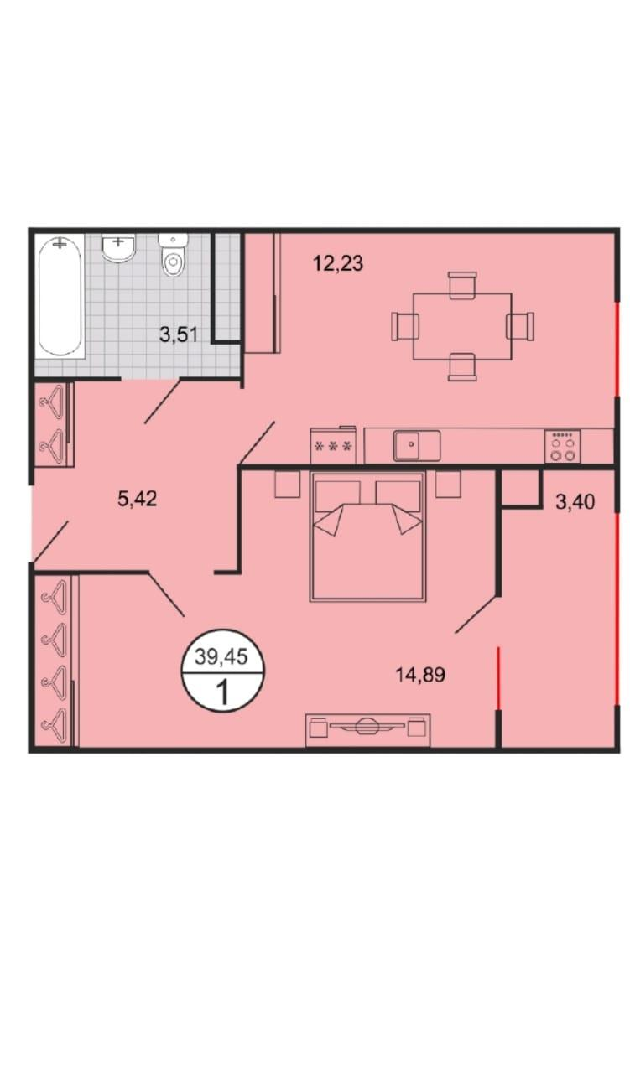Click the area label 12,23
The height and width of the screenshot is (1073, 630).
[x=338, y=263]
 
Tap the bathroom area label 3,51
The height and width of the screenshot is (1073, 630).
[x=179, y=334]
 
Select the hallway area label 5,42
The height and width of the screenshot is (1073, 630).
[x=137, y=499]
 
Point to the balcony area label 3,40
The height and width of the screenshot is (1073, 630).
[x=575, y=501]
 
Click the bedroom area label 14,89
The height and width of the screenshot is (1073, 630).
[x=420, y=675]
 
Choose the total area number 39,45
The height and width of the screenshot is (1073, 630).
[x=221, y=656]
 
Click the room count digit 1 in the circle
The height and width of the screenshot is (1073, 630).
[x=222, y=692]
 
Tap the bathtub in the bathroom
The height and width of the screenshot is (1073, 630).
[x=60, y=296]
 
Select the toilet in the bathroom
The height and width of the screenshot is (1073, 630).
[x=173, y=256]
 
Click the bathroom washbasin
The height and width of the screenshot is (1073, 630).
[x=118, y=247]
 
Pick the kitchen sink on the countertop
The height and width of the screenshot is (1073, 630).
[x=417, y=445]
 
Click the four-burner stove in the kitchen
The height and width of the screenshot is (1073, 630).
[x=562, y=446]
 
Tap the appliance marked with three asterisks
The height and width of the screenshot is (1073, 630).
[x=333, y=445]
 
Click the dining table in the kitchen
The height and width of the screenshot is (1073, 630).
[x=462, y=326]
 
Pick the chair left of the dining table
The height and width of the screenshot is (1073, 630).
[x=404, y=326]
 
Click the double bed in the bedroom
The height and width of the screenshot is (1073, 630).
[x=367, y=536]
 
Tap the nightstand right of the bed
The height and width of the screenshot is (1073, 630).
[x=448, y=485]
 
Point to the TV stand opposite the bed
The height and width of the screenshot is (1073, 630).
[x=367, y=729]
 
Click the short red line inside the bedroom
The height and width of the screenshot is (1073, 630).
[x=498, y=677]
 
